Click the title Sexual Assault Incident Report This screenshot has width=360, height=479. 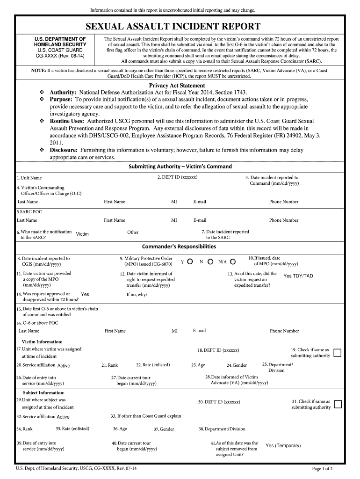[180, 26]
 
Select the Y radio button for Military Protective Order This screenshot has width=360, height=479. [190, 261]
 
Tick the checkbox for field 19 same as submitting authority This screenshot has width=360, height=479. [338, 353]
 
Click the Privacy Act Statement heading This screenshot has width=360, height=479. [177, 86]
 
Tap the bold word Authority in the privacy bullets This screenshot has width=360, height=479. [63, 93]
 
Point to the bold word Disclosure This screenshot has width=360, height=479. [64, 150]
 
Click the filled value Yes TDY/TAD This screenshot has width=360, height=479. [298, 276]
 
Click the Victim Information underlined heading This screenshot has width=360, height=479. [43, 342]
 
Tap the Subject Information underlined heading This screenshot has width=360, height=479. [43, 393]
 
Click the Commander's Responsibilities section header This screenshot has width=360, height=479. [179, 247]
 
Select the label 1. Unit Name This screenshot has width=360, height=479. [29, 178]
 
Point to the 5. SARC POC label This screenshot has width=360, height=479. [29, 211]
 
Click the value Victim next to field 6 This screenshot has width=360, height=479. [82, 234]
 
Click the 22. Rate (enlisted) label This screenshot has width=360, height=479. [153, 365]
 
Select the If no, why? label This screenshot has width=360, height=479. [137, 295]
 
